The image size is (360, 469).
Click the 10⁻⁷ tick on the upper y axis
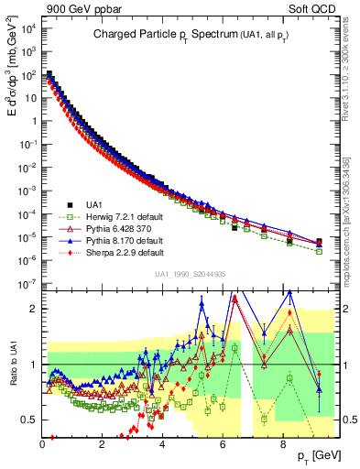tap(28, 283)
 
